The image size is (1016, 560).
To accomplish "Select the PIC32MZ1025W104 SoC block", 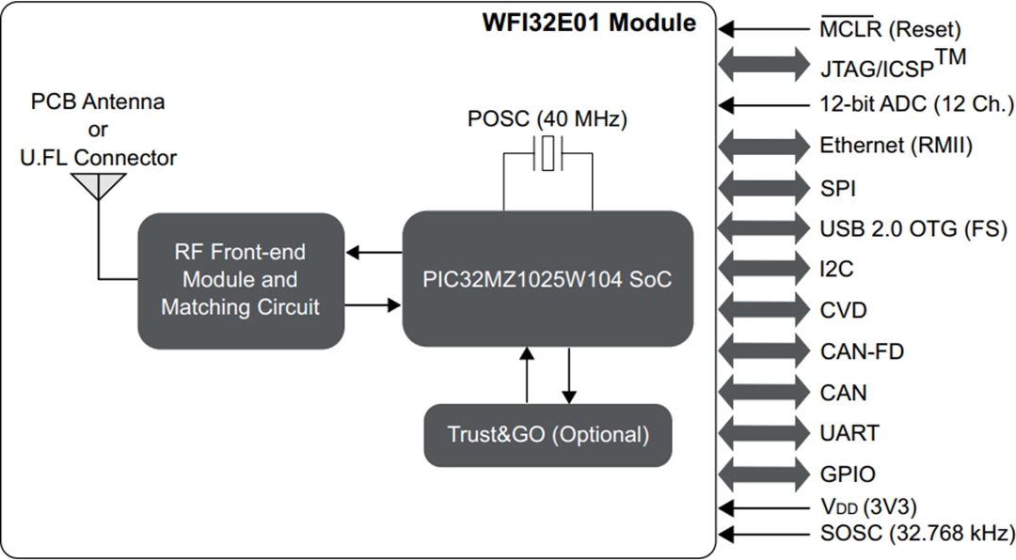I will tap(548, 279).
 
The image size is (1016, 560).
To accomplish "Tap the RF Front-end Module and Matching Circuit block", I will tap(240, 279).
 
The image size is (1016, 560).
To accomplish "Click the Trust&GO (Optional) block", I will tap(548, 435).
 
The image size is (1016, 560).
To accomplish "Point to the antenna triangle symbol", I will tap(99, 185).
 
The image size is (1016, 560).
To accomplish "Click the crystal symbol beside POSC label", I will tap(548, 153).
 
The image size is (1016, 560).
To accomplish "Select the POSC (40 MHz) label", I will tap(548, 119).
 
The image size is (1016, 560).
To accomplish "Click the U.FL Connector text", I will tap(99, 157).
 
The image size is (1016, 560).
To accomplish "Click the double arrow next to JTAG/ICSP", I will tap(764, 66).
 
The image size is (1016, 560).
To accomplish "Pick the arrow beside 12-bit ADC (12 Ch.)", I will tap(764, 105).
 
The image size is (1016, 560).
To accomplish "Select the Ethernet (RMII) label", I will tap(896, 146).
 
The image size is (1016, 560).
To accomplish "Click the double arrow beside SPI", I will tap(764, 187).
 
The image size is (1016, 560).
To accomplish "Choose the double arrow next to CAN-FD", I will tap(764, 351).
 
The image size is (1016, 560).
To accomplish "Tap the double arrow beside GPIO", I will tap(764, 474).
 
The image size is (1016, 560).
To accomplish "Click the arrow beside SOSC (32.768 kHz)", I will tap(764, 535).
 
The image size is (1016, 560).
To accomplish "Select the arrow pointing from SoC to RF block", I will tap(373, 252).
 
